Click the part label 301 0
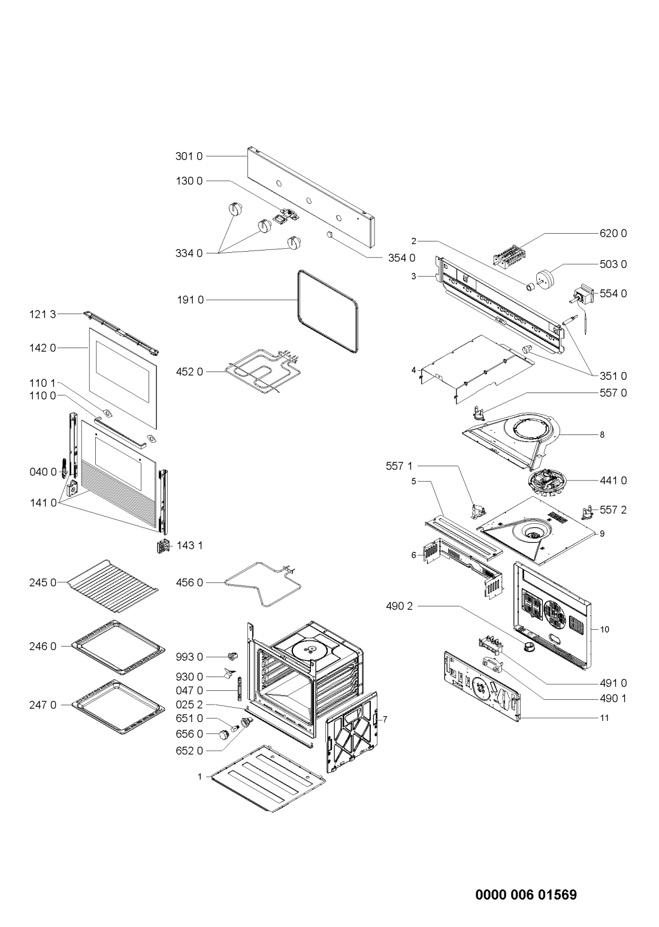point(189,156)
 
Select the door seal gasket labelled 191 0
point(328,312)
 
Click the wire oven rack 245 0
point(113,586)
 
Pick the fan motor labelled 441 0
point(545,481)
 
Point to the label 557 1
point(399,466)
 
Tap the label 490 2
point(399,606)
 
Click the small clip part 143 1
point(164,546)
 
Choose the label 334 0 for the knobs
point(189,253)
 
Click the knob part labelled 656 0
point(224,734)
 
